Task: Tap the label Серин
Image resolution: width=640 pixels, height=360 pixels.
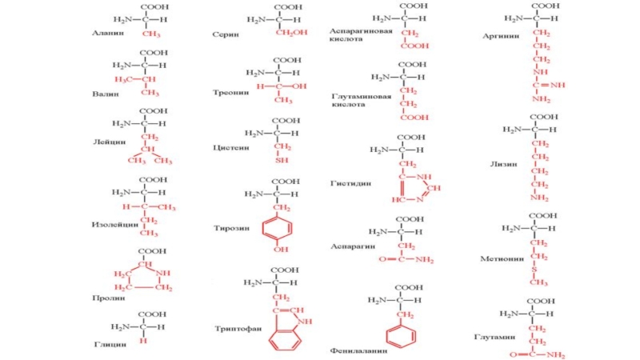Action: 225,35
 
